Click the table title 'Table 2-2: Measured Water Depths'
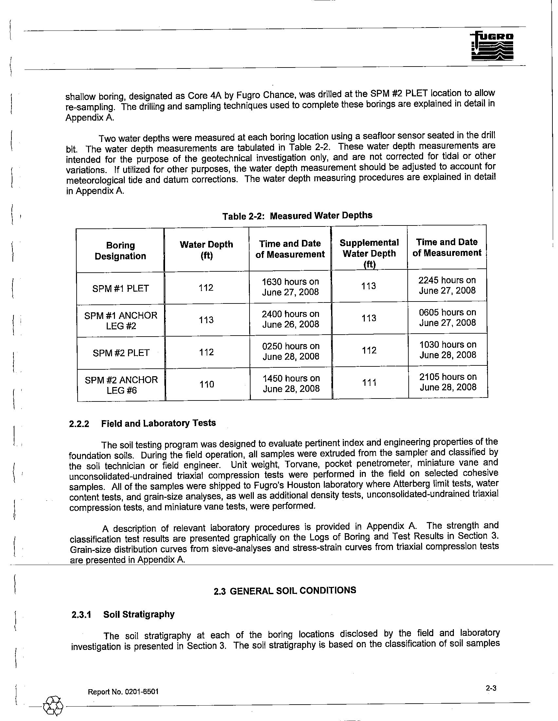(x=297, y=216)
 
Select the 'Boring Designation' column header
(x=121, y=251)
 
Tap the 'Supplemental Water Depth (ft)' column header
(x=369, y=253)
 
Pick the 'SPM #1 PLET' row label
(x=121, y=288)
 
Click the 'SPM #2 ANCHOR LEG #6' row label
(x=121, y=385)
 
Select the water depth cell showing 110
(x=207, y=384)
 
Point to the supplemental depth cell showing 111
(x=369, y=382)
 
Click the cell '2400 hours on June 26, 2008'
(x=290, y=319)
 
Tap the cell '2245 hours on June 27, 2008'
(x=447, y=285)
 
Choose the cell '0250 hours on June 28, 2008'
(x=291, y=351)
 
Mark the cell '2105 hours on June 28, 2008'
(x=448, y=382)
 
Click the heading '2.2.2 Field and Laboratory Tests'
(x=142, y=423)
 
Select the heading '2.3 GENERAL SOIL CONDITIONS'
(x=285, y=591)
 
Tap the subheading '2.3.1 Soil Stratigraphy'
(x=123, y=614)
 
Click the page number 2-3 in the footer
(x=491, y=688)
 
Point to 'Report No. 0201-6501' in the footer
(x=123, y=692)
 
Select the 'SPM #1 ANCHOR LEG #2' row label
(x=121, y=321)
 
